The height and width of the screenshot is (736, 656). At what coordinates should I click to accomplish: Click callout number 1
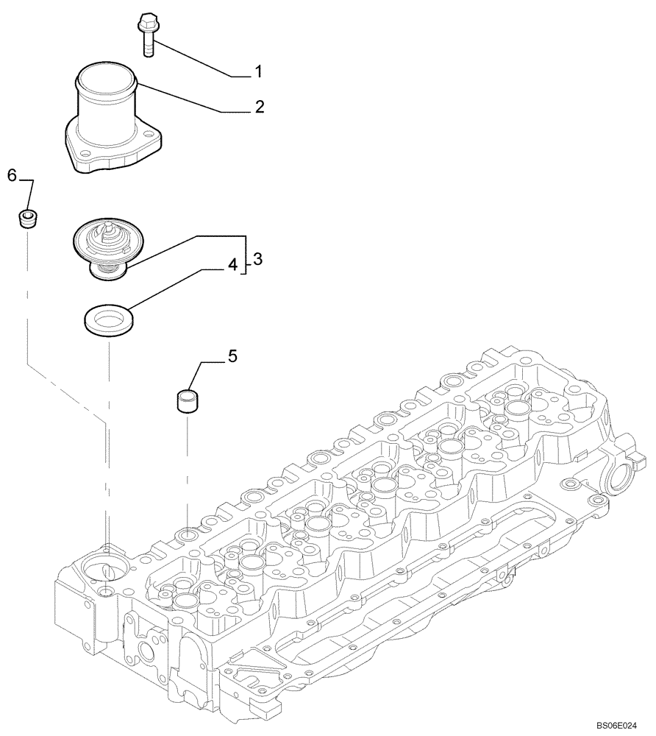click(258, 71)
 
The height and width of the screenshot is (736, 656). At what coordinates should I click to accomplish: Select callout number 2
click(259, 107)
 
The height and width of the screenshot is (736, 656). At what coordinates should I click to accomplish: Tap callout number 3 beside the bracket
click(257, 259)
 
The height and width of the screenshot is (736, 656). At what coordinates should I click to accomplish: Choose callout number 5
click(232, 357)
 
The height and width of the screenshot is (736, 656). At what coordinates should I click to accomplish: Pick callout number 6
click(12, 174)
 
